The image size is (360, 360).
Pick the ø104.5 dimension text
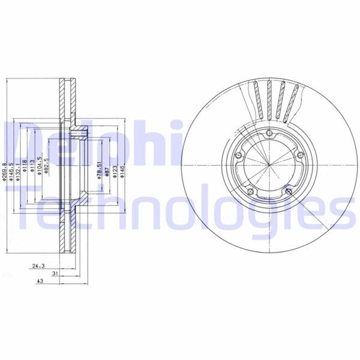(40, 167)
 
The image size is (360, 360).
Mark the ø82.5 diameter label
(47, 167)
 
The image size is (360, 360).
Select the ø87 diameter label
(106, 171)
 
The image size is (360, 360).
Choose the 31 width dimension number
(55, 273)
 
